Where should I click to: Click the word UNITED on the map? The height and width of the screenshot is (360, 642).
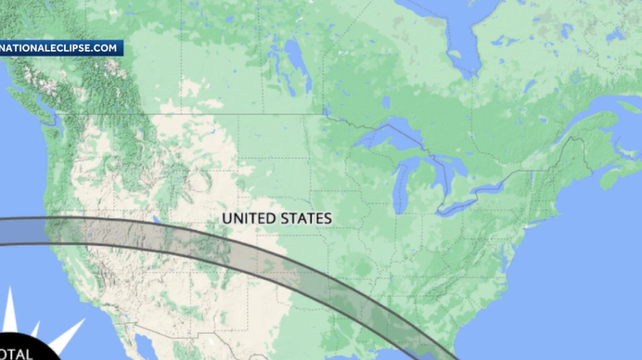point(248,218)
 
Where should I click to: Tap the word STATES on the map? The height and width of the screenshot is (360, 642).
point(304,218)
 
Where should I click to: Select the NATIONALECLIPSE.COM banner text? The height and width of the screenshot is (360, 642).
point(60,47)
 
